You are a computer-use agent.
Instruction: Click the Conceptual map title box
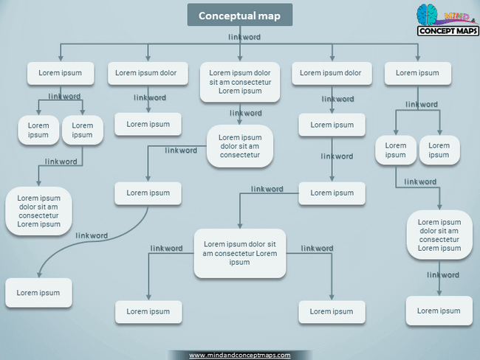[239, 15]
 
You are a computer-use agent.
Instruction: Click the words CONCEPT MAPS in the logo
[448, 31]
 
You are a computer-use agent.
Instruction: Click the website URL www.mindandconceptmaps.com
[239, 355]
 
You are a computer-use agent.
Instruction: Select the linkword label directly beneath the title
[244, 36]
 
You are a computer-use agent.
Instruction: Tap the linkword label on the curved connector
[92, 235]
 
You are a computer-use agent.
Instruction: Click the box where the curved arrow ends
[38, 293]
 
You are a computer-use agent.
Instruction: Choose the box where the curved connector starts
[148, 193]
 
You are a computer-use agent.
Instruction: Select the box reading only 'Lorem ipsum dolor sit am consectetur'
[240, 146]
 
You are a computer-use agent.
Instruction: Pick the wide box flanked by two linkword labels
[239, 253]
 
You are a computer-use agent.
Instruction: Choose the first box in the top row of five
[61, 73]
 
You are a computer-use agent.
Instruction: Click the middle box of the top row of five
[240, 82]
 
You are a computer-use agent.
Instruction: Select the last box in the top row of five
[417, 73]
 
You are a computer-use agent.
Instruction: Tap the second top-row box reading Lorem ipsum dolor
[146, 73]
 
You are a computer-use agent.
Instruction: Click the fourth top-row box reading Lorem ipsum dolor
[331, 73]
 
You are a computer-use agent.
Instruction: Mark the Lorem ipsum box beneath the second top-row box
[148, 124]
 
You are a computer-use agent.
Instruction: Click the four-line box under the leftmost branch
[39, 211]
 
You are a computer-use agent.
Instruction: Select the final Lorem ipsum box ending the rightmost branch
[439, 311]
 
